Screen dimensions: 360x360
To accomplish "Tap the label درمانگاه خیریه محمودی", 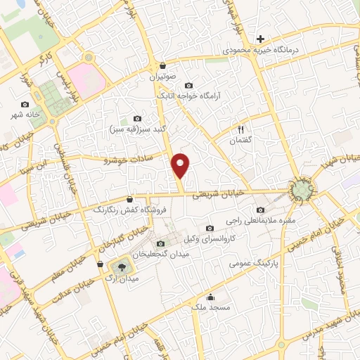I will (x=261, y=51).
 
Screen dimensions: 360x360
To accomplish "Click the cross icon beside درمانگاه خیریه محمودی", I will (x=261, y=39).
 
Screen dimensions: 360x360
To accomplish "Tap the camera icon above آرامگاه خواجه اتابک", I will (x=188, y=85).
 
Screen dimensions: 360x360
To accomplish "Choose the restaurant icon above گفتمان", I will (x=240, y=129).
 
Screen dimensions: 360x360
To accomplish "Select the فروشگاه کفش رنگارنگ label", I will (x=124, y=210).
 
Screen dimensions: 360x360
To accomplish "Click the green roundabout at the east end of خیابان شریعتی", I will (x=301, y=188).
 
